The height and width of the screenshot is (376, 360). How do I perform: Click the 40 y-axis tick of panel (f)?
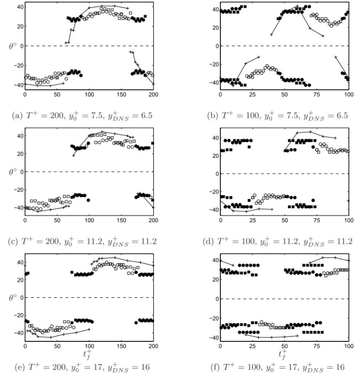point(213,260)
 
